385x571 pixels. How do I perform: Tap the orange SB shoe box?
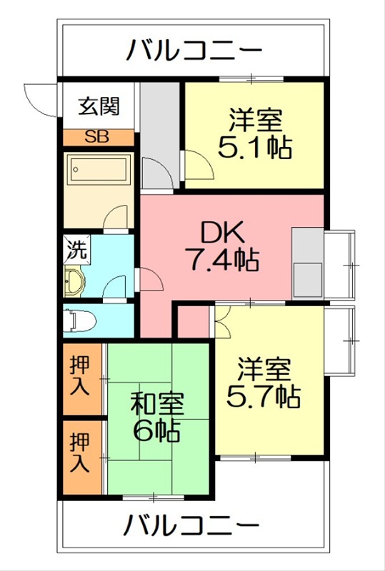[97, 138]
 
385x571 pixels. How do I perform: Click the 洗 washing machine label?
[75, 250]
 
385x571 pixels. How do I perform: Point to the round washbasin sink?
[74, 282]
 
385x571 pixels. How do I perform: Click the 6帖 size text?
[155, 431]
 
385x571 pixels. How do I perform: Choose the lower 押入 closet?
[80, 454]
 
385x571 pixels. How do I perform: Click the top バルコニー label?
[194, 51]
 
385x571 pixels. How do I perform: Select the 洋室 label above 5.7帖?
[264, 369]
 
